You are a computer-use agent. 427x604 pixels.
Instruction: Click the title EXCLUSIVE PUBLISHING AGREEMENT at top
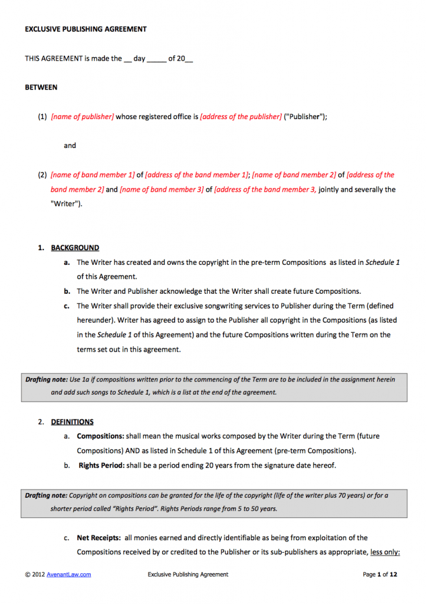pyautogui.click(x=86, y=29)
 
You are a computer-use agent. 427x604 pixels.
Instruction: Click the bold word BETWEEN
pyautogui.click(x=41, y=87)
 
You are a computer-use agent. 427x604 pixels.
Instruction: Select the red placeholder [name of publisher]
pyautogui.click(x=83, y=117)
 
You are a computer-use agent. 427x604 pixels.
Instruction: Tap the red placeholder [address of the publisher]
pyautogui.click(x=241, y=117)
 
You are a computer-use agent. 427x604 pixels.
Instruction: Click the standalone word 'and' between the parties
pyautogui.click(x=70, y=146)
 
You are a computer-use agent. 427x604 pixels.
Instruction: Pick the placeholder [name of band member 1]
pyautogui.click(x=93, y=175)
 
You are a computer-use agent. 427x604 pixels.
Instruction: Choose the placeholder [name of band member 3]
pyautogui.click(x=162, y=190)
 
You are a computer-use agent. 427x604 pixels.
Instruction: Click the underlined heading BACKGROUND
pyautogui.click(x=75, y=248)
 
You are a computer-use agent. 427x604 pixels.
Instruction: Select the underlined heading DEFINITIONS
pyautogui.click(x=72, y=422)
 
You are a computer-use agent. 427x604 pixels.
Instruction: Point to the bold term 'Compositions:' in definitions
pyautogui.click(x=100, y=436)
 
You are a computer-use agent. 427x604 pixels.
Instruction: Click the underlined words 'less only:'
pyautogui.click(x=385, y=553)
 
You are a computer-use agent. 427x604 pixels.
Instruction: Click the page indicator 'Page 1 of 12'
pyautogui.click(x=380, y=575)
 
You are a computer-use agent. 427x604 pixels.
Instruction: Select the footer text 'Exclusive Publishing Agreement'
pyautogui.click(x=188, y=575)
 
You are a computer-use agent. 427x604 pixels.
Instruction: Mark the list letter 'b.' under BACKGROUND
pyautogui.click(x=67, y=291)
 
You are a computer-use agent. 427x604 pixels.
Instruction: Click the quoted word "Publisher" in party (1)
pyautogui.click(x=304, y=117)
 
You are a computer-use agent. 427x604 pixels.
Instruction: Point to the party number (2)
pyautogui.click(x=42, y=175)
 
